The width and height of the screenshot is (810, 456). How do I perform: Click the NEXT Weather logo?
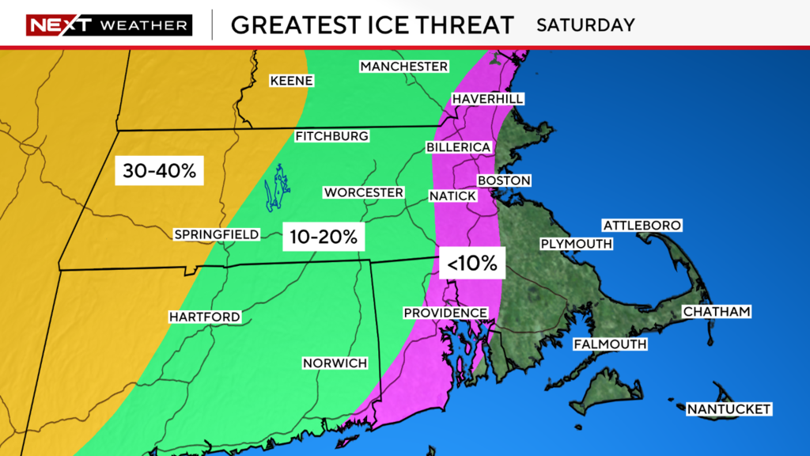(x=109, y=25)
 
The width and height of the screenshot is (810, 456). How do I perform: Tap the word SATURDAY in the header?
(x=585, y=25)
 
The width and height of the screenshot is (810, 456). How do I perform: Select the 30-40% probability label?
(x=160, y=170)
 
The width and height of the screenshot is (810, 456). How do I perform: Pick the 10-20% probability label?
(x=323, y=236)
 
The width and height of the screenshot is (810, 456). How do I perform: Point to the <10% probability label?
(x=471, y=264)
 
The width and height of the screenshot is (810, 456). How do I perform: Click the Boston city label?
(x=504, y=180)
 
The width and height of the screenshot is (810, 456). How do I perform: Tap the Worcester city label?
(x=363, y=192)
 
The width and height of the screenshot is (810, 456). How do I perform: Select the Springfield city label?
(x=217, y=234)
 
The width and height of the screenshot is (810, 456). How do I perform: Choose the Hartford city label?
(x=204, y=317)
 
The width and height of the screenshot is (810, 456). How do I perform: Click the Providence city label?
(x=445, y=313)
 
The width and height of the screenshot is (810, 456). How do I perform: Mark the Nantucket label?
(x=728, y=408)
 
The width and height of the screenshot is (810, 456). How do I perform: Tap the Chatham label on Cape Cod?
(x=716, y=312)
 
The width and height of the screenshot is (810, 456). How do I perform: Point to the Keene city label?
(x=292, y=81)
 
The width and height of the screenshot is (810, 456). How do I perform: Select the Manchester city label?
(x=403, y=66)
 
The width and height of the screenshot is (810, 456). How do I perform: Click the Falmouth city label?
(x=610, y=344)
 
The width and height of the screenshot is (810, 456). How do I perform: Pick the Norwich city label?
(x=335, y=363)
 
